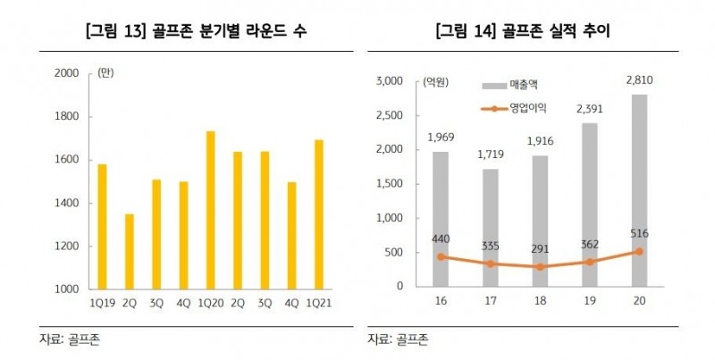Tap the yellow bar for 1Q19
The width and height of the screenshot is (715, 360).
pos(101,227)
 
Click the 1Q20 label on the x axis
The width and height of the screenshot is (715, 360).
pos(210,302)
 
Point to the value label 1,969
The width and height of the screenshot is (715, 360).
pos(441,138)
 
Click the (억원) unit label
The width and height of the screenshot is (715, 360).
pos(436,83)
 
